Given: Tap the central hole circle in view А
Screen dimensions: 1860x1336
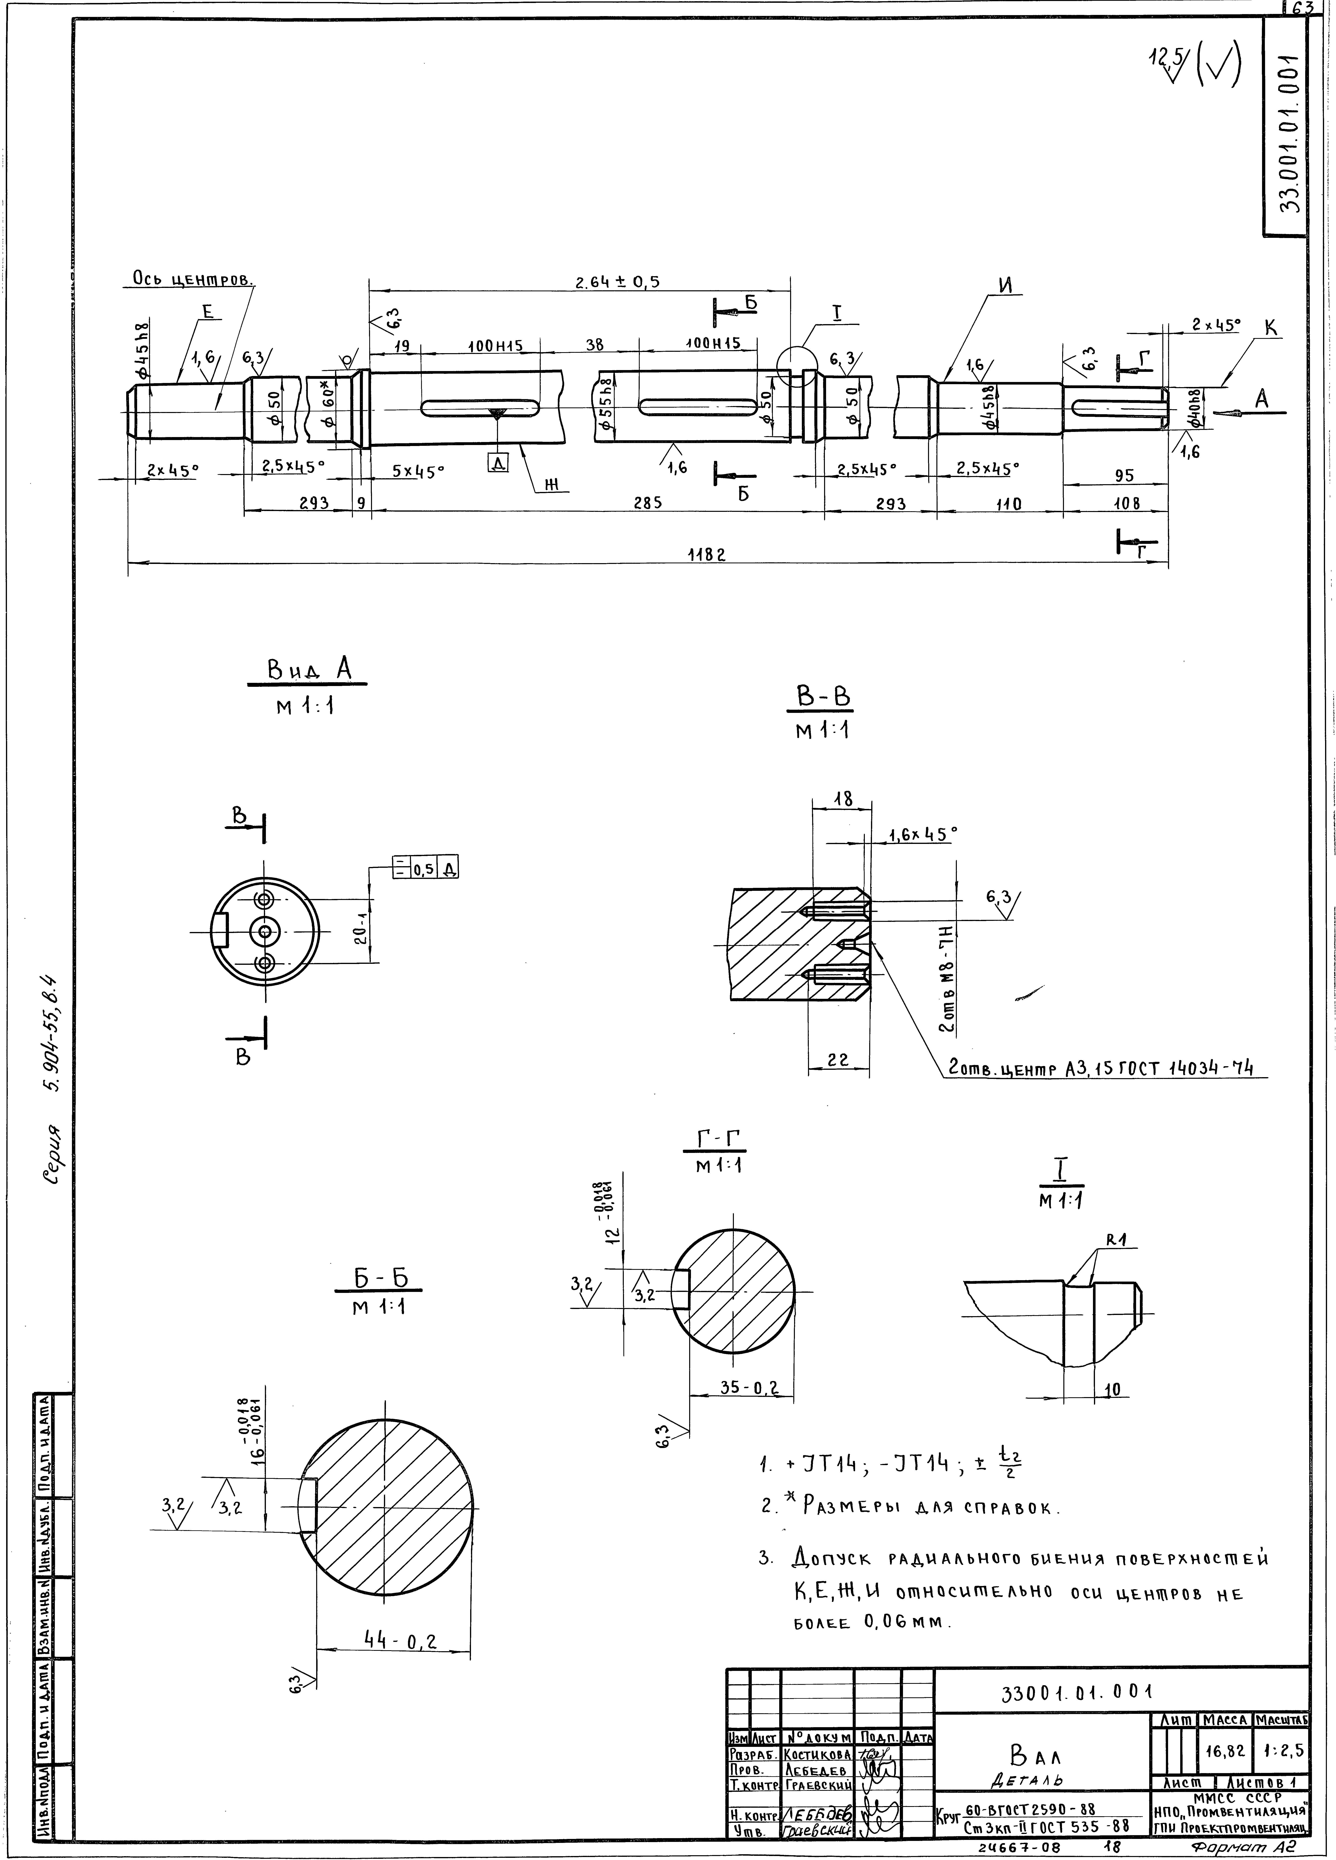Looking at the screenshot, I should [264, 931].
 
